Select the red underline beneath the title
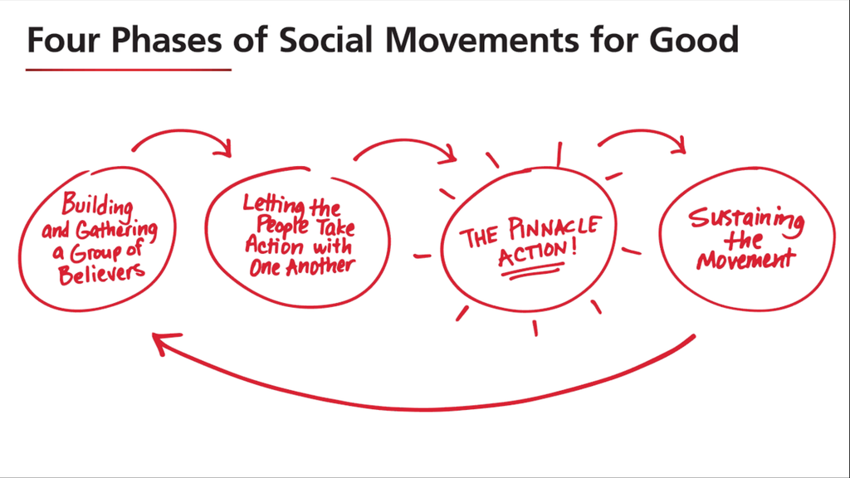pyautogui.click(x=128, y=70)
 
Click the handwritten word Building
pyautogui.click(x=97, y=203)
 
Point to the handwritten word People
pyautogui.click(x=283, y=227)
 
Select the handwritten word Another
pyautogui.click(x=320, y=266)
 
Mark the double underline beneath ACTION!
pyautogui.click(x=531, y=271)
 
